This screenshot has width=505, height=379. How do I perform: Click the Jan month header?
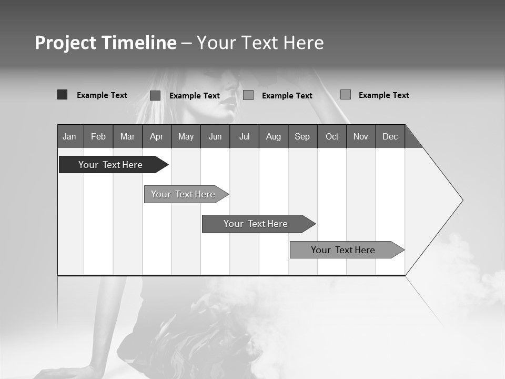70,136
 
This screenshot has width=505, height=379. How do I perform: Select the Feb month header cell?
98,136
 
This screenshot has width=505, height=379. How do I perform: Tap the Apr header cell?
157,136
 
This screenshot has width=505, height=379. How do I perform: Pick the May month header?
186,136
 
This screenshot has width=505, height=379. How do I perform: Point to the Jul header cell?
244,136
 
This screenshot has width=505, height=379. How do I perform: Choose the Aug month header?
274,136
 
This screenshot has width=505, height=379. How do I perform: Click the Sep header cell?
302,136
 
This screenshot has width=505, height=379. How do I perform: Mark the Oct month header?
332,136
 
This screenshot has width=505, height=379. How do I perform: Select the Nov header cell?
361,136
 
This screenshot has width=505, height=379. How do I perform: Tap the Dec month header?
390,136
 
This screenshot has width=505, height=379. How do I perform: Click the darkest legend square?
62,95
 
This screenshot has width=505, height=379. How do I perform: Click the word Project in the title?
65,43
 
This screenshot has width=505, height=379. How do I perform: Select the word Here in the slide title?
304,43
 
